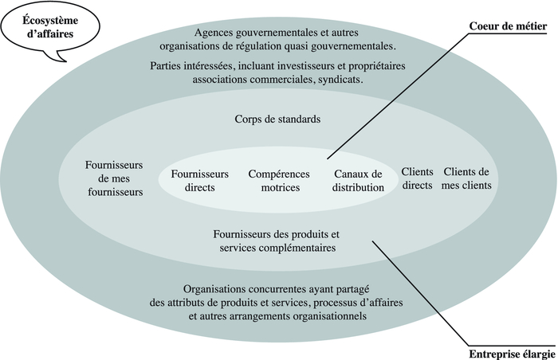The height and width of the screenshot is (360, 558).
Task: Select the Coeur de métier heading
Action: pos(508,26)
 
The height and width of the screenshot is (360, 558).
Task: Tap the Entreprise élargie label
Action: pos(512,354)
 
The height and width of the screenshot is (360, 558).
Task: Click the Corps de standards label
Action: pos(277,119)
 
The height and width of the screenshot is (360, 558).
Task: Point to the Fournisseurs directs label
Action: pos(199,181)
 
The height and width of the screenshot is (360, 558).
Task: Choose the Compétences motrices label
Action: pos(279,181)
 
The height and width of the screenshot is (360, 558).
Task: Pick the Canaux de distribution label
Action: pos(358,181)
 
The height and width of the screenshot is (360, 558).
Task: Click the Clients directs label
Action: pos(417,178)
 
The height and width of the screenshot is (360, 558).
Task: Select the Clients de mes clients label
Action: pos(466,178)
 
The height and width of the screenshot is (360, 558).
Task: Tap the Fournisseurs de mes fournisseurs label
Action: pos(114,178)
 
